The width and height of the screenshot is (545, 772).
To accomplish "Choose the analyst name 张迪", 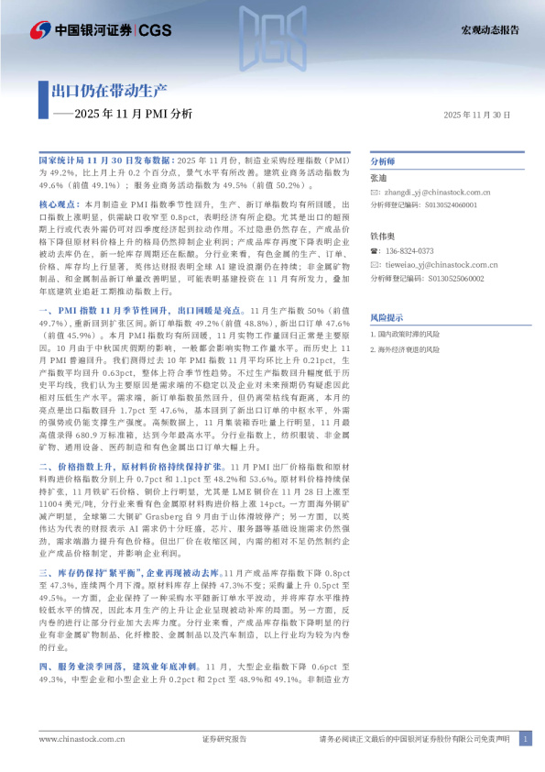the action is click(378, 178).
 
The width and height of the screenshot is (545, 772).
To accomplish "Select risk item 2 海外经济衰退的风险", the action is click(409, 349).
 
